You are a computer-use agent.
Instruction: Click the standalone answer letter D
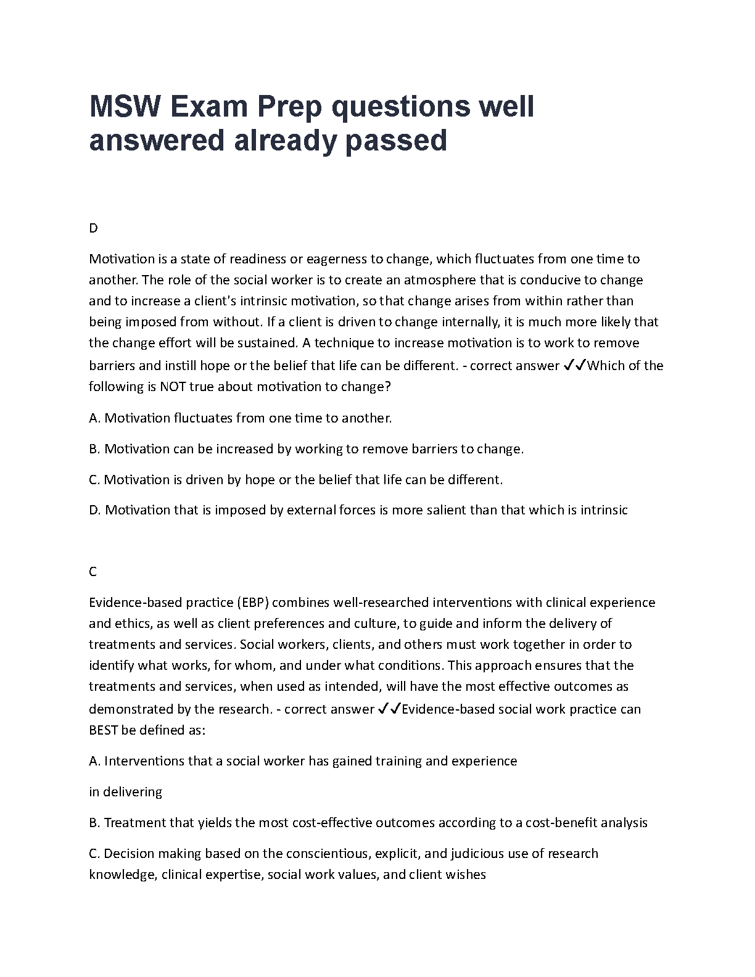point(93,228)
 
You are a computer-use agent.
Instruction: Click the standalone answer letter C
point(93,572)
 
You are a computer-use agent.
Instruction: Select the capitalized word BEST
point(104,730)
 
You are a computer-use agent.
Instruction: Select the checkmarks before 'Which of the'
point(574,365)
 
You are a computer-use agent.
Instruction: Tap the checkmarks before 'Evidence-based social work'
point(389,709)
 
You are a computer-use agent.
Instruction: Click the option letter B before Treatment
point(94,823)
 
